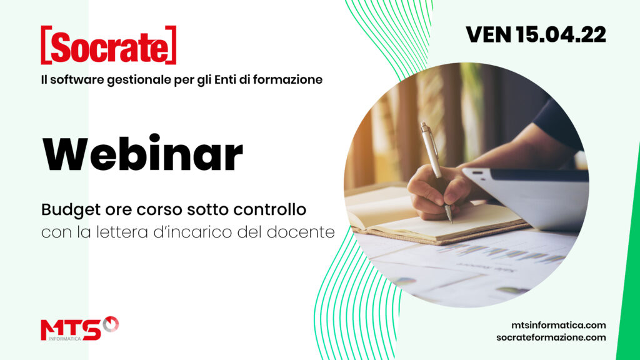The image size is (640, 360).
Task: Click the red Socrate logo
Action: pyautogui.click(x=109, y=45)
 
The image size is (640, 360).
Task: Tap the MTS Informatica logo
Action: pyautogui.click(x=80, y=329)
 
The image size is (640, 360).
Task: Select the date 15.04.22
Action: pyautogui.click(x=561, y=34)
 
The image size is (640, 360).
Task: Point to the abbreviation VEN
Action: pyautogui.click(x=489, y=34)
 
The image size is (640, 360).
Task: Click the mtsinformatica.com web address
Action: pyautogui.click(x=558, y=325)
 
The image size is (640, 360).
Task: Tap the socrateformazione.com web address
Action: pyautogui.click(x=551, y=337)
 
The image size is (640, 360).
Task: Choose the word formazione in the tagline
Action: pyautogui.click(x=287, y=79)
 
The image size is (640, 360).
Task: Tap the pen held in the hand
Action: pyautogui.click(x=436, y=172)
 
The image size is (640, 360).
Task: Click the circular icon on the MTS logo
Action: pyautogui.click(x=111, y=324)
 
